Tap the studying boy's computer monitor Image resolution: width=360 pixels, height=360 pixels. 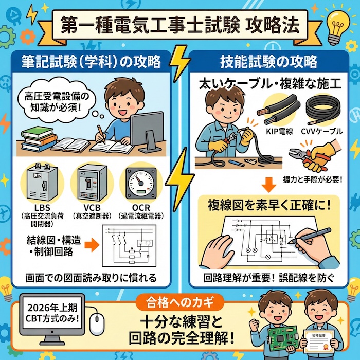pyautogui.click(x=146, y=129)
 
